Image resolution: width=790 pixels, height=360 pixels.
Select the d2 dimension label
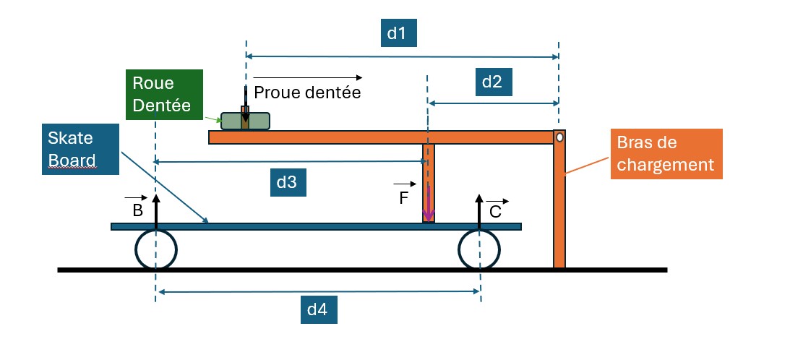[492, 82]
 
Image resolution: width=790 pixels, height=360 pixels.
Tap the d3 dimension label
[287, 182]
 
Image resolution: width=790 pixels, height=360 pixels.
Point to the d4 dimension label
[317, 310]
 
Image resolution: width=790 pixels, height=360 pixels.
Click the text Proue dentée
[307, 93]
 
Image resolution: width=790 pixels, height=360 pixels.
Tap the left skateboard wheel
[155, 249]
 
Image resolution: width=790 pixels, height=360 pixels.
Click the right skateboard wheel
[479, 249]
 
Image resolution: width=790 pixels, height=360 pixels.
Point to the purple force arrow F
[429, 204]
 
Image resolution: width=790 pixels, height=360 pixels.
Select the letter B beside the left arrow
[137, 210]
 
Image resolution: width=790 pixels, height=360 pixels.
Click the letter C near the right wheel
[495, 212]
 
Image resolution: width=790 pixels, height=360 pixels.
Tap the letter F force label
[404, 197]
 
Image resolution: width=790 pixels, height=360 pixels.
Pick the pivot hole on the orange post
[559, 137]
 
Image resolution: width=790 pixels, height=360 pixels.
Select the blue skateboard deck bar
[316, 226]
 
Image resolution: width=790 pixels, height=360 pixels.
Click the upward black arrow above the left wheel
[155, 210]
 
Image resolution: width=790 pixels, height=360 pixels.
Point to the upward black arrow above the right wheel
[479, 210]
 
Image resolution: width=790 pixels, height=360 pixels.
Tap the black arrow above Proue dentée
[307, 77]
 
